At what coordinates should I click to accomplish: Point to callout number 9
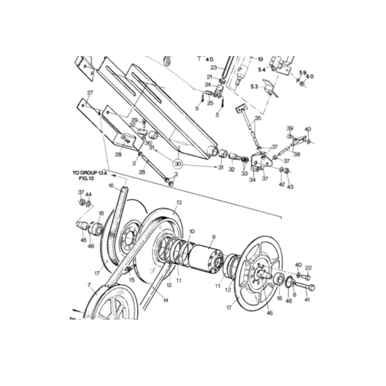point(213,237)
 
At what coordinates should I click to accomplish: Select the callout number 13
point(179,203)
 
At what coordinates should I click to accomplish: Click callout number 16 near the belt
point(111,186)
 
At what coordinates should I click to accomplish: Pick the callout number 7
point(89,285)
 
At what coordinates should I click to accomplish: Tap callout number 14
point(165,300)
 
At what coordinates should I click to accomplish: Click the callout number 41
point(307,300)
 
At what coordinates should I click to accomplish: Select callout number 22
point(308,268)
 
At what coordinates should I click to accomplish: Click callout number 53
point(254,86)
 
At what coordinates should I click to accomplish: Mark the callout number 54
point(262,70)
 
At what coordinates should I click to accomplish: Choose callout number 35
point(258,118)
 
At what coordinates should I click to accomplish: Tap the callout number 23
point(213,68)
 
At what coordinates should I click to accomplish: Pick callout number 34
point(252,180)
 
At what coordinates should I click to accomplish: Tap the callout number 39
point(290,128)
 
